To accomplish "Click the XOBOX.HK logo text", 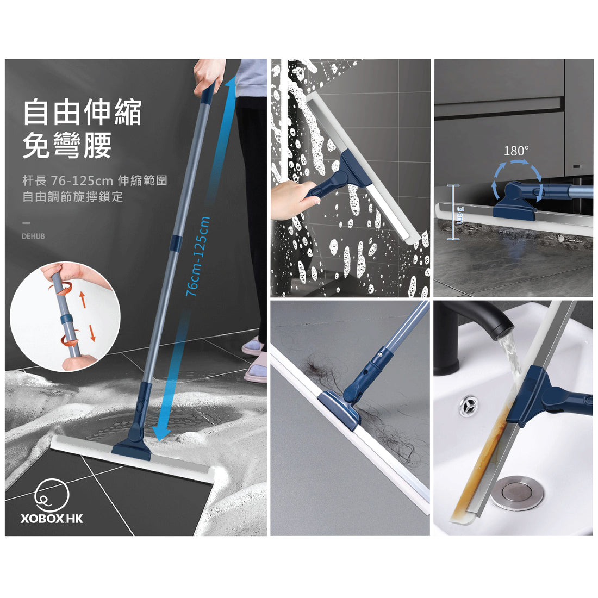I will click(x=52, y=518).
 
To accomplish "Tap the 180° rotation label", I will click(x=516, y=151).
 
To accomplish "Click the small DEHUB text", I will click(x=34, y=236).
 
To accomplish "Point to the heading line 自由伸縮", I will click(x=82, y=112).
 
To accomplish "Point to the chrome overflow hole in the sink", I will click(x=468, y=406).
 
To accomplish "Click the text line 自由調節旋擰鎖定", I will click(x=73, y=196).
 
